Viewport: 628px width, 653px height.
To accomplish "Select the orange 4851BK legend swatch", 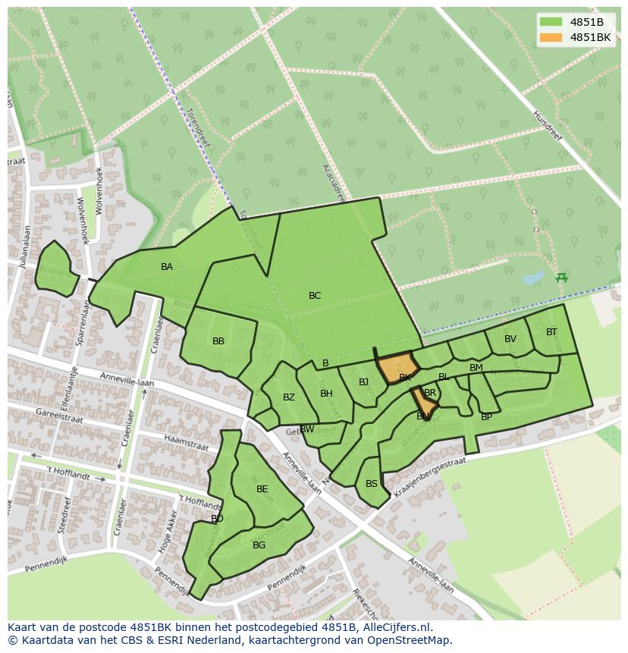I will click(x=551, y=37).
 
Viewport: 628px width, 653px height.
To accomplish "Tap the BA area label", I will click(x=167, y=267).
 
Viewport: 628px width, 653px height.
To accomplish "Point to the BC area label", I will click(x=315, y=296).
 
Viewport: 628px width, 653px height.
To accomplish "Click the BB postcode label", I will click(x=218, y=341).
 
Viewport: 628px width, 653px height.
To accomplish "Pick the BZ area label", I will click(x=288, y=397).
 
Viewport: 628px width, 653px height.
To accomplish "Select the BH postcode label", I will click(x=326, y=394).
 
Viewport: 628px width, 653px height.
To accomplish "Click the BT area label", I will click(x=551, y=332).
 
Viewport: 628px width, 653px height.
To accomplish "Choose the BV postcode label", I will click(x=510, y=339).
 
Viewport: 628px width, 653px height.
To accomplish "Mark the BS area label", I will click(x=372, y=484).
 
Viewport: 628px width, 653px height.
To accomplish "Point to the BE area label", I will click(x=262, y=489).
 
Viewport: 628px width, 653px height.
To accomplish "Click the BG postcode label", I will click(x=259, y=545).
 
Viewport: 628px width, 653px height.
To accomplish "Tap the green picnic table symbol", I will click(x=561, y=278).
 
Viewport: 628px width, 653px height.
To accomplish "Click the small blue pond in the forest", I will click(x=533, y=278).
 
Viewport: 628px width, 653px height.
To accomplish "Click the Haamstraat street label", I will click(x=186, y=442).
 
